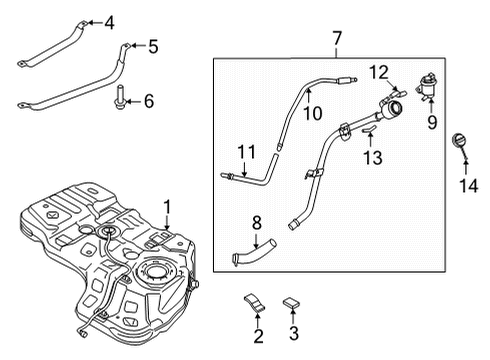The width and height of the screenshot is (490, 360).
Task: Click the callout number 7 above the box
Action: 337,38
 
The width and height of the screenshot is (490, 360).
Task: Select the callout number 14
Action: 469,185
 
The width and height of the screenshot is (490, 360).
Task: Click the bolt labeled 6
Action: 118,97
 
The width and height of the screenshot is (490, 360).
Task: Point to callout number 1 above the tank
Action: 167,207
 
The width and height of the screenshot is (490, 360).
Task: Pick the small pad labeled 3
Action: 291,303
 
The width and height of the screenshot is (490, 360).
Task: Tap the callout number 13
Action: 373,158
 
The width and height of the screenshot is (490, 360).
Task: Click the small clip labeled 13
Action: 369,129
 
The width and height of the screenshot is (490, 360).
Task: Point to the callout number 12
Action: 379,72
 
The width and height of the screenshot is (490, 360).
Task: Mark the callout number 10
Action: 313,113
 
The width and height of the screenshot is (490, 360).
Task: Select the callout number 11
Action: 246,152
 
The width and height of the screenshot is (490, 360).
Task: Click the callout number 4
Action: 109,23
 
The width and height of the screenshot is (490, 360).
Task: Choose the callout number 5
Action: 153,46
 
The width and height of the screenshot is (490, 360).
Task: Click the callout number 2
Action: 258,336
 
